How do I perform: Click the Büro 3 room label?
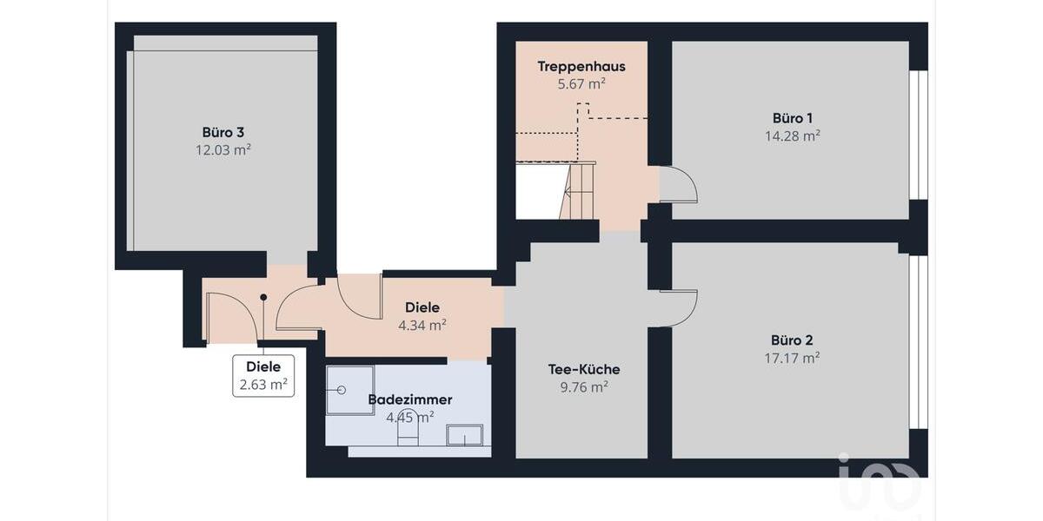(223, 133)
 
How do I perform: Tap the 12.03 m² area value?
(223, 149)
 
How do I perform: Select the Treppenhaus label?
(581, 67)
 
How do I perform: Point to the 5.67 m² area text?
(581, 84)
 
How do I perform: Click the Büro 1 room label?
(792, 118)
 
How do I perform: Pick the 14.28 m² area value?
(792, 135)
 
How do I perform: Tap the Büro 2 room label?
(792, 340)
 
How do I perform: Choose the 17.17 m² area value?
(792, 357)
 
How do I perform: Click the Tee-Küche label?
(583, 370)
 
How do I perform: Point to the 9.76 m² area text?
(583, 387)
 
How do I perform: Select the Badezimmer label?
(409, 399)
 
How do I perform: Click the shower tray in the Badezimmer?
(350, 390)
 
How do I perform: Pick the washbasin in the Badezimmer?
(464, 434)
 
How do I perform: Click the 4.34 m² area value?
(422, 325)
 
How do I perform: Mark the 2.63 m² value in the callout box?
(262, 385)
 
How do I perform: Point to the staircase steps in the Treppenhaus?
(577, 191)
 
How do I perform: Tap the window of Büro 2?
(918, 341)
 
